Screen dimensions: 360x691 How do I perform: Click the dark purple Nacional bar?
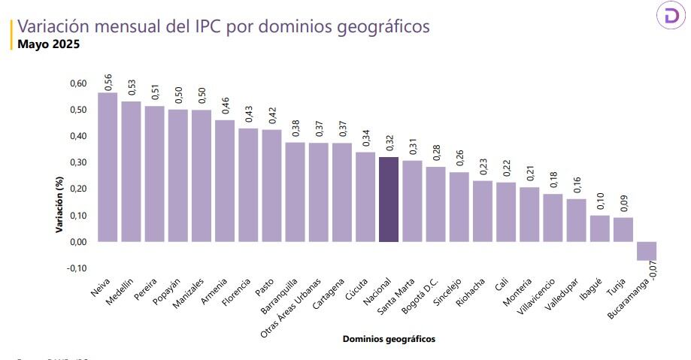(388, 199)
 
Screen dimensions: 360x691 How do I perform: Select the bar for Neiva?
(108, 167)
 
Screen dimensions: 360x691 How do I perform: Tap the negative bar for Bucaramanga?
(646, 251)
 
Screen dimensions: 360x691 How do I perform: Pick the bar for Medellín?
(131, 171)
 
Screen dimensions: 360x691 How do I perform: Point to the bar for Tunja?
(623, 229)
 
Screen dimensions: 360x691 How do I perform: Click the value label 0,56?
(108, 82)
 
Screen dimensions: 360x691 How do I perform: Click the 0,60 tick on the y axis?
(78, 83)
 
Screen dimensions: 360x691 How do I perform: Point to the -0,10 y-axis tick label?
(77, 268)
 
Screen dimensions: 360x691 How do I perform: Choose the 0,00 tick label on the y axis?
(78, 242)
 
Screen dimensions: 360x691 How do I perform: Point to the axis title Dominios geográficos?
(389, 339)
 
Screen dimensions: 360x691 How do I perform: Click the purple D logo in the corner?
(668, 17)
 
